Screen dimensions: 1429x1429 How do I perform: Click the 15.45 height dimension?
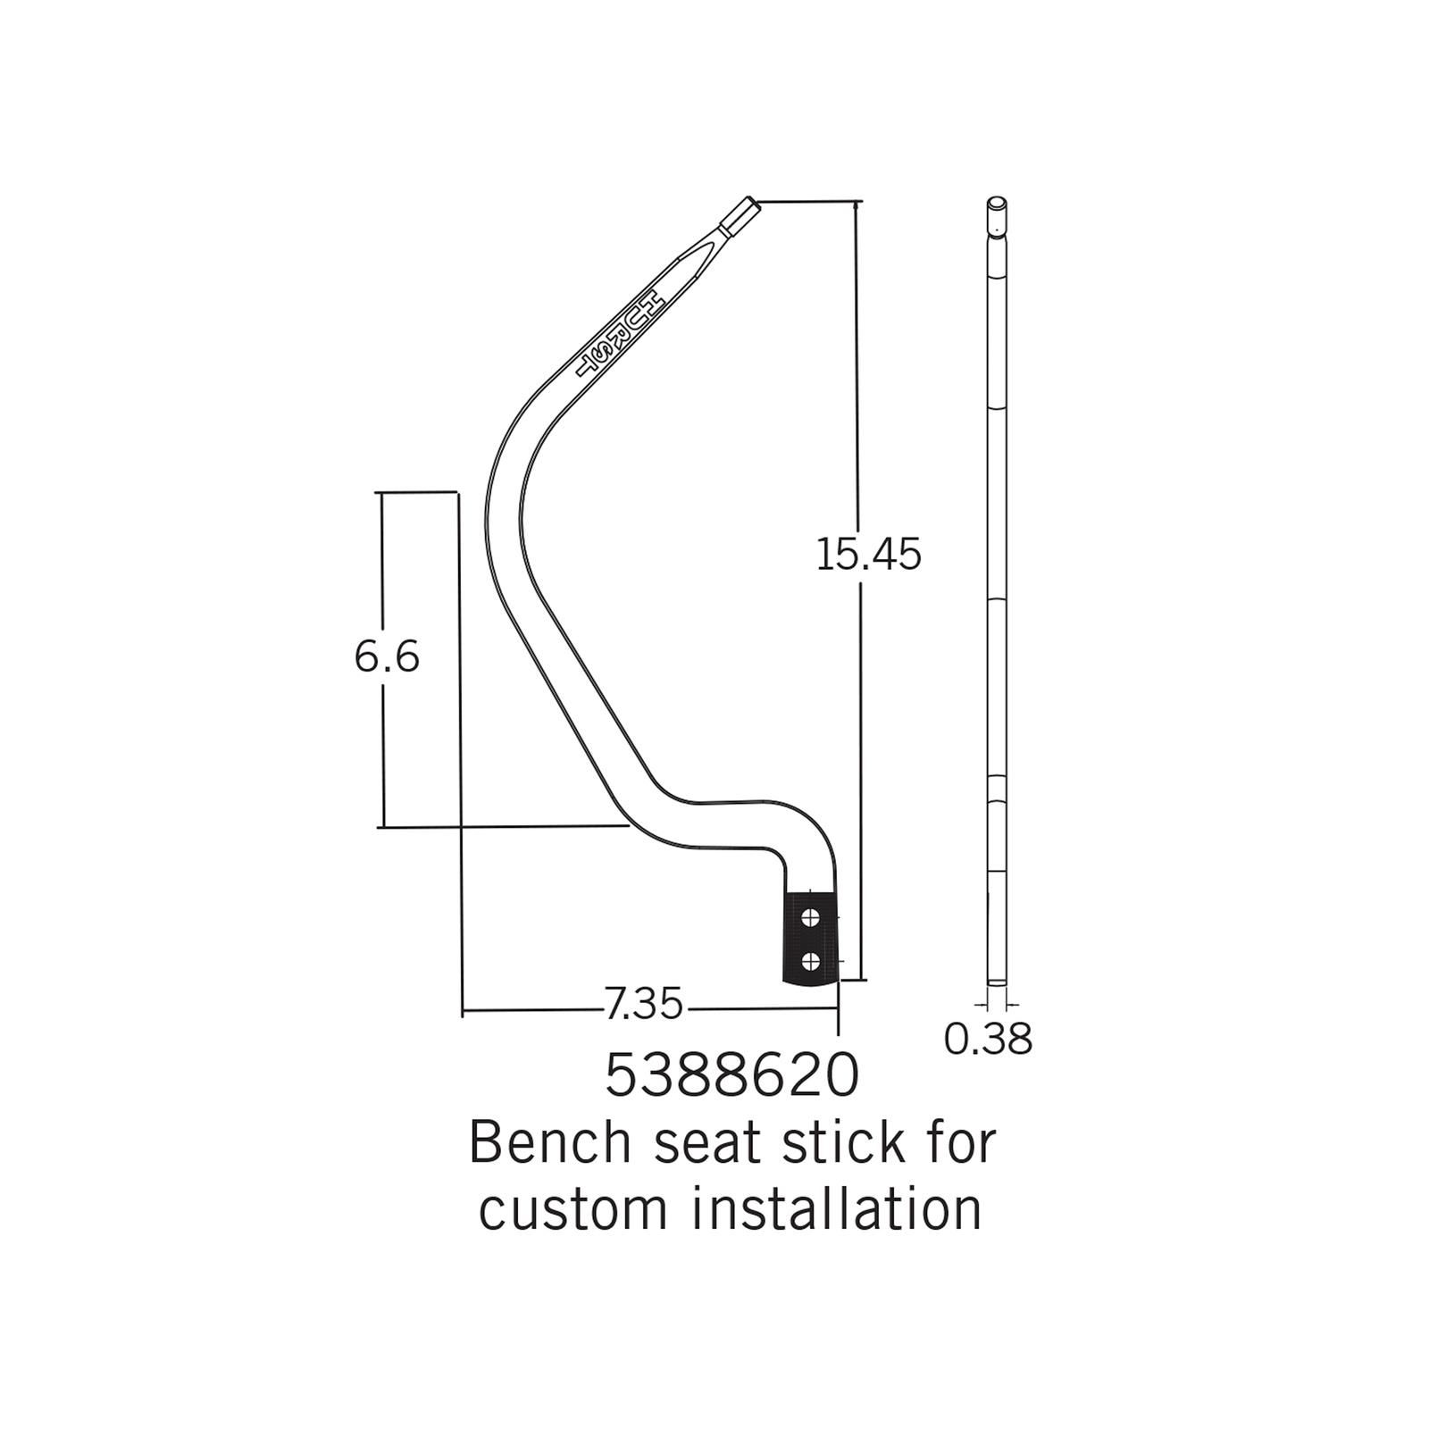pyautogui.click(x=868, y=555)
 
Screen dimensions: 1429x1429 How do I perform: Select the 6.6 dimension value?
pyautogui.click(x=387, y=657)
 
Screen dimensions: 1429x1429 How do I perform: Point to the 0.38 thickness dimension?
pyautogui.click(x=988, y=1039)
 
